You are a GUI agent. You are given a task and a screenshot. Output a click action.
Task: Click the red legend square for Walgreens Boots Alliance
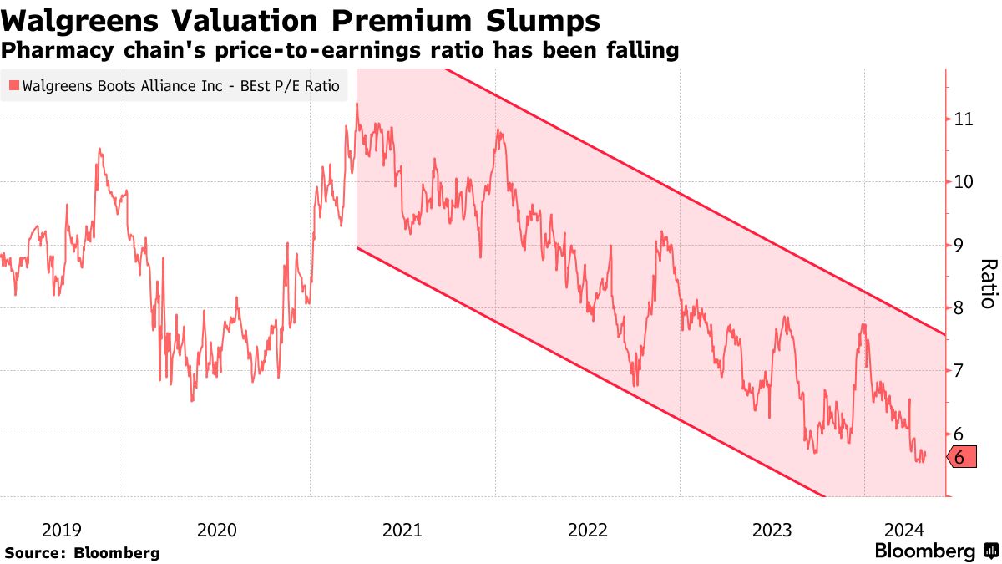point(13,85)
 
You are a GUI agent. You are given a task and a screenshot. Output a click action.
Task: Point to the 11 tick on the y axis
point(964,119)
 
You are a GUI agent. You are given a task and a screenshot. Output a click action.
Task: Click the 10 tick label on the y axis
point(964,182)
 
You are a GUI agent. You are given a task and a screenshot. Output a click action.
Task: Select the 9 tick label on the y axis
point(960,246)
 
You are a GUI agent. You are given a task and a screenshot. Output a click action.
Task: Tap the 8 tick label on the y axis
point(960,308)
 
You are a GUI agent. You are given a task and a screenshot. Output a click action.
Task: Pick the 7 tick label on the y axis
point(960,371)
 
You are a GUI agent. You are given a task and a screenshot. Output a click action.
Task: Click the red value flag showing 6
point(960,457)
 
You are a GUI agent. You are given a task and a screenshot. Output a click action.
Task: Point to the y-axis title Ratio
point(987,284)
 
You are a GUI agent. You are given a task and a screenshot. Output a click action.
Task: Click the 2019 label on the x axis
point(62,530)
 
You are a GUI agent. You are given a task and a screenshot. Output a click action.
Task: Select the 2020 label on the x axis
point(217,530)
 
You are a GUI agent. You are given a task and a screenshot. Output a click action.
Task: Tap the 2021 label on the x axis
point(402,530)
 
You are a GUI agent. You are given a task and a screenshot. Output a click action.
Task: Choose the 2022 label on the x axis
point(587,530)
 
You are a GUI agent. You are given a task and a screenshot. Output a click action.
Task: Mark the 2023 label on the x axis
point(772,530)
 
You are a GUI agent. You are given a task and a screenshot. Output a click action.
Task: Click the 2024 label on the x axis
point(904,530)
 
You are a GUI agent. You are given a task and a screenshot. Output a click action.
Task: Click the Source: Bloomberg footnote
point(82,552)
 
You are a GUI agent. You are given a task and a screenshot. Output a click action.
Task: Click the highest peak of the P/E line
point(357,104)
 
